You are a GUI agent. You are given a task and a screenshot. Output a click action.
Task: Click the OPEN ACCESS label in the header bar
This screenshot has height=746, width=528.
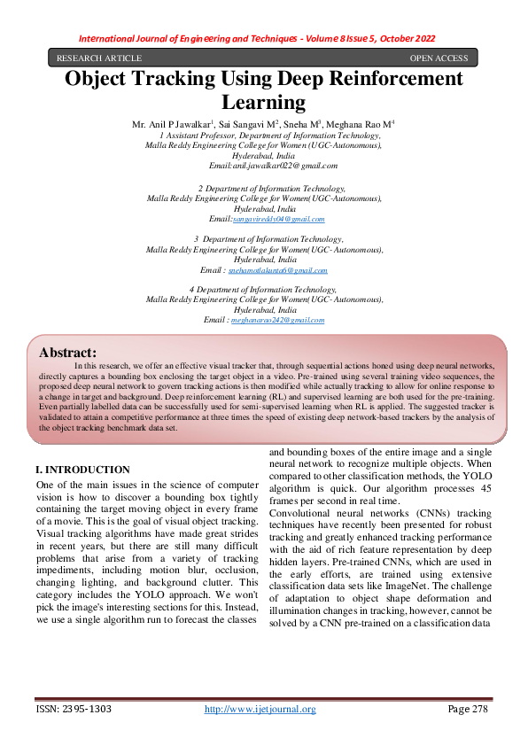pyautogui.click(x=439, y=58)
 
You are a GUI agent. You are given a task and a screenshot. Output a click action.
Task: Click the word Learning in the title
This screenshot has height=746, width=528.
pyautogui.click(x=263, y=102)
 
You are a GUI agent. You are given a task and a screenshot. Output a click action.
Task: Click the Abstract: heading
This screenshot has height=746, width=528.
pyautogui.click(x=67, y=352)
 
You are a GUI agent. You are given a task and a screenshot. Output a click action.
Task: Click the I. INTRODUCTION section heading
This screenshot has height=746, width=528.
pyautogui.click(x=82, y=470)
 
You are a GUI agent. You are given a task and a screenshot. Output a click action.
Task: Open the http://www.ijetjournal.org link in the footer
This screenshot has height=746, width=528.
pyautogui.click(x=260, y=709)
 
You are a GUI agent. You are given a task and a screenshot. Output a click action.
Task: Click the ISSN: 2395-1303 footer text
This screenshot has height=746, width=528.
pyautogui.click(x=74, y=709)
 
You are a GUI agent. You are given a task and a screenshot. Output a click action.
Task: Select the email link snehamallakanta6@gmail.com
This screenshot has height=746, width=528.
pyautogui.click(x=277, y=270)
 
